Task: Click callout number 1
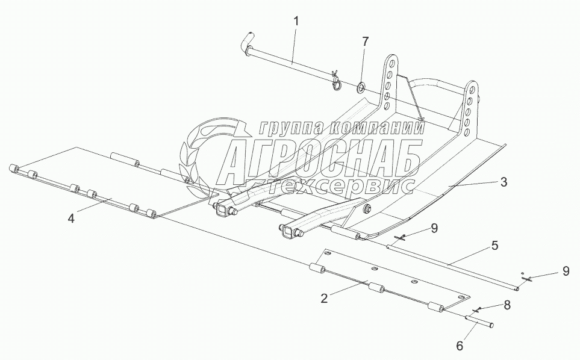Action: pos(296,21)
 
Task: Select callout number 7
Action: pos(364,42)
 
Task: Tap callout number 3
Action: pos(504,181)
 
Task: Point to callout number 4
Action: pos(71,219)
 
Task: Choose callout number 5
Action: pos(494,246)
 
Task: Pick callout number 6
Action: pos(460,346)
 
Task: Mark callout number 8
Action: pos(507,305)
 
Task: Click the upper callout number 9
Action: pos(434,228)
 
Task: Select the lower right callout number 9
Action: pos(565,271)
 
